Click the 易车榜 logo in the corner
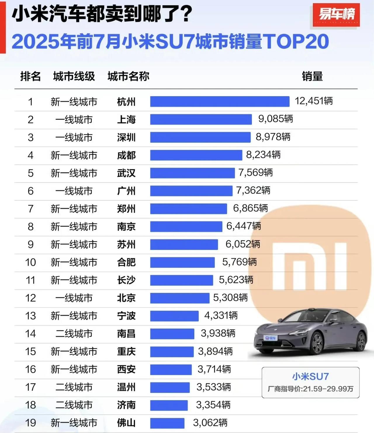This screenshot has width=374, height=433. point(336,14)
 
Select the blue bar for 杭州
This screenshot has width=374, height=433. point(220,101)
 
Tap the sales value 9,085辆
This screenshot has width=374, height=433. point(276,119)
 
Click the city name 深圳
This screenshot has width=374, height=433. point(126,137)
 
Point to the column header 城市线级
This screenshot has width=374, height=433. point(74,76)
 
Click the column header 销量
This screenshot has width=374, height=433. point(312,76)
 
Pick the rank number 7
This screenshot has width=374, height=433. point(31,209)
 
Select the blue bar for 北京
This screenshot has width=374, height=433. point(180,298)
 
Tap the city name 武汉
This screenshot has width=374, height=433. point(126,173)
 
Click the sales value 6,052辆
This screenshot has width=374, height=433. point(243,244)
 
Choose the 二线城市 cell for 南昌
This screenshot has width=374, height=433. point(74,334)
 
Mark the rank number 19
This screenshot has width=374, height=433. point(31,423)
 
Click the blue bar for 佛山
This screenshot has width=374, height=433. point(167,423)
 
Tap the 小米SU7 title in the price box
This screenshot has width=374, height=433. point(311,376)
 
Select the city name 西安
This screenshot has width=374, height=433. point(126,369)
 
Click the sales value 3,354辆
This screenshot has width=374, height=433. point(213,405)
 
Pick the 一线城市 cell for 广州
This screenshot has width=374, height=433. point(74,191)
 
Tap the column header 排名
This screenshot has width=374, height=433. point(30,76)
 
